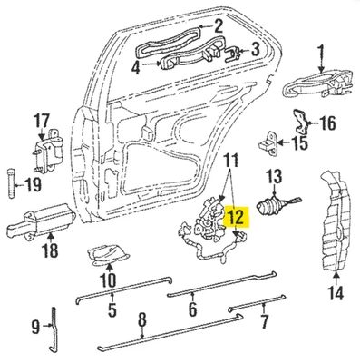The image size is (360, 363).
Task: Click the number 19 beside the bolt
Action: [32, 185]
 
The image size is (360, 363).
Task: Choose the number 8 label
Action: [142, 319]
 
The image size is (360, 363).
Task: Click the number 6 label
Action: [192, 309]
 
